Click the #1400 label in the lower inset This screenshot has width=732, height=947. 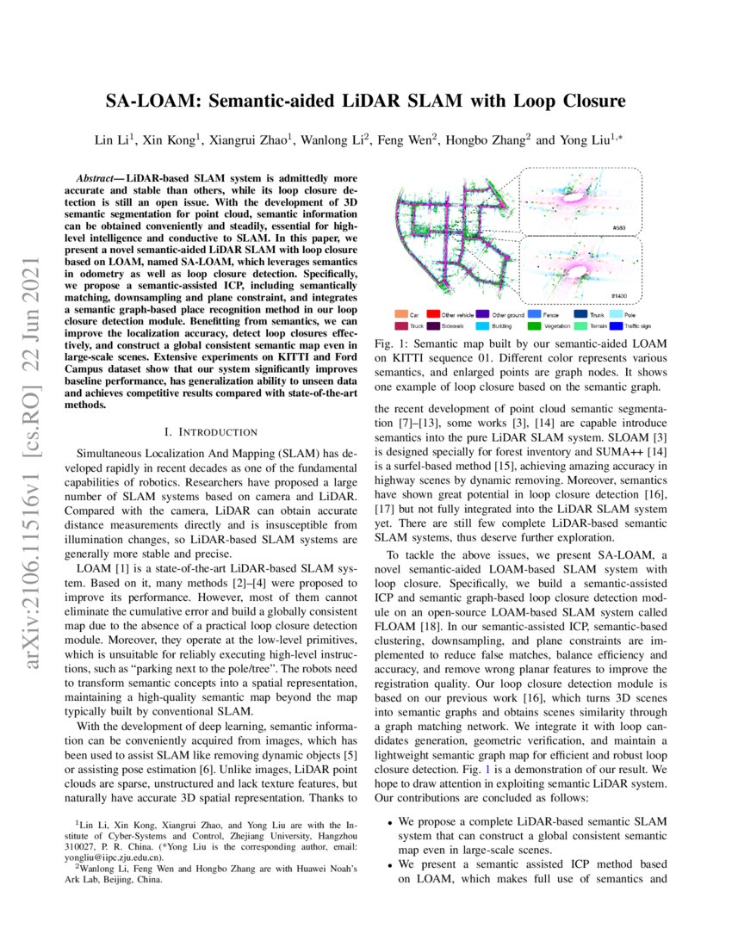point(618,295)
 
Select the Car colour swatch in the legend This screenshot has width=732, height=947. point(401,316)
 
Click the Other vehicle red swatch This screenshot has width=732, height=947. point(434,316)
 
